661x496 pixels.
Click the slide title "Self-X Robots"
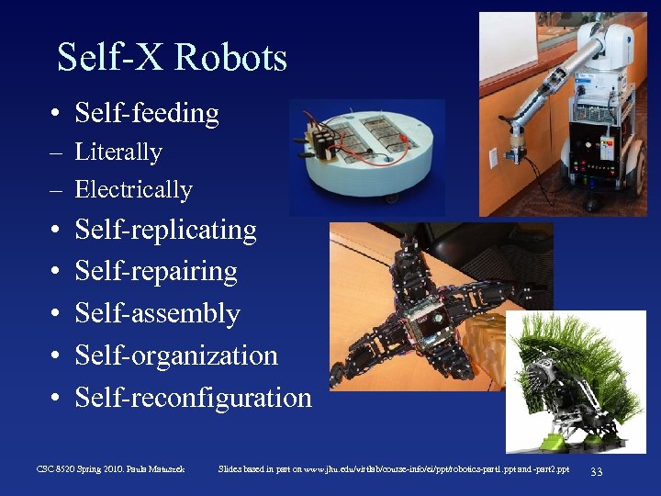[x=172, y=58]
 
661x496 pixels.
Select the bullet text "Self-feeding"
[x=147, y=114]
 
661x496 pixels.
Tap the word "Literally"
[x=118, y=152]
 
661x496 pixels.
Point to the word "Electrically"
[x=134, y=190]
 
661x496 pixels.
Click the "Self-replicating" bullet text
[x=165, y=230]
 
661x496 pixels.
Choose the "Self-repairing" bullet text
[x=156, y=272]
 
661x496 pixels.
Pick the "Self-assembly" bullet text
[x=157, y=314]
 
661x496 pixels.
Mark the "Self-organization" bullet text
[x=176, y=355]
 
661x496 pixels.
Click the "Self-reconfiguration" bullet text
[x=193, y=398]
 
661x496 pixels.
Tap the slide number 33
[x=596, y=471]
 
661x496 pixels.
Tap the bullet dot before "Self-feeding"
[x=57, y=115]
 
